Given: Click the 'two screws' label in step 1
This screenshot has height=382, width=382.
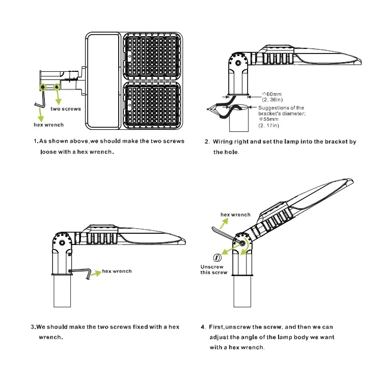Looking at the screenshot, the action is [x=66, y=109].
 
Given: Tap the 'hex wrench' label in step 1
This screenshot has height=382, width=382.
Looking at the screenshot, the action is [x=49, y=125].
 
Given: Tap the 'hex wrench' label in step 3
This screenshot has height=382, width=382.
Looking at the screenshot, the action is [x=117, y=271].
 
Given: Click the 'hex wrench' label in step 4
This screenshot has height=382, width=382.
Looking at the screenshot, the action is [x=235, y=215].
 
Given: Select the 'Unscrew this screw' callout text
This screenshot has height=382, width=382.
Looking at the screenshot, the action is [x=213, y=269].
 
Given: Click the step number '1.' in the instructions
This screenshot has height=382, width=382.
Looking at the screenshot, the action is [x=36, y=141].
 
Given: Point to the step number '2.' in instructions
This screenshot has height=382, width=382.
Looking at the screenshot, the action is [x=207, y=142].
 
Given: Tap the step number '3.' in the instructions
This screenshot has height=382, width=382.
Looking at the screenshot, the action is [x=34, y=327].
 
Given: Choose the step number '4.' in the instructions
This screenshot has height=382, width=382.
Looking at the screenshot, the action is [x=203, y=327].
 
